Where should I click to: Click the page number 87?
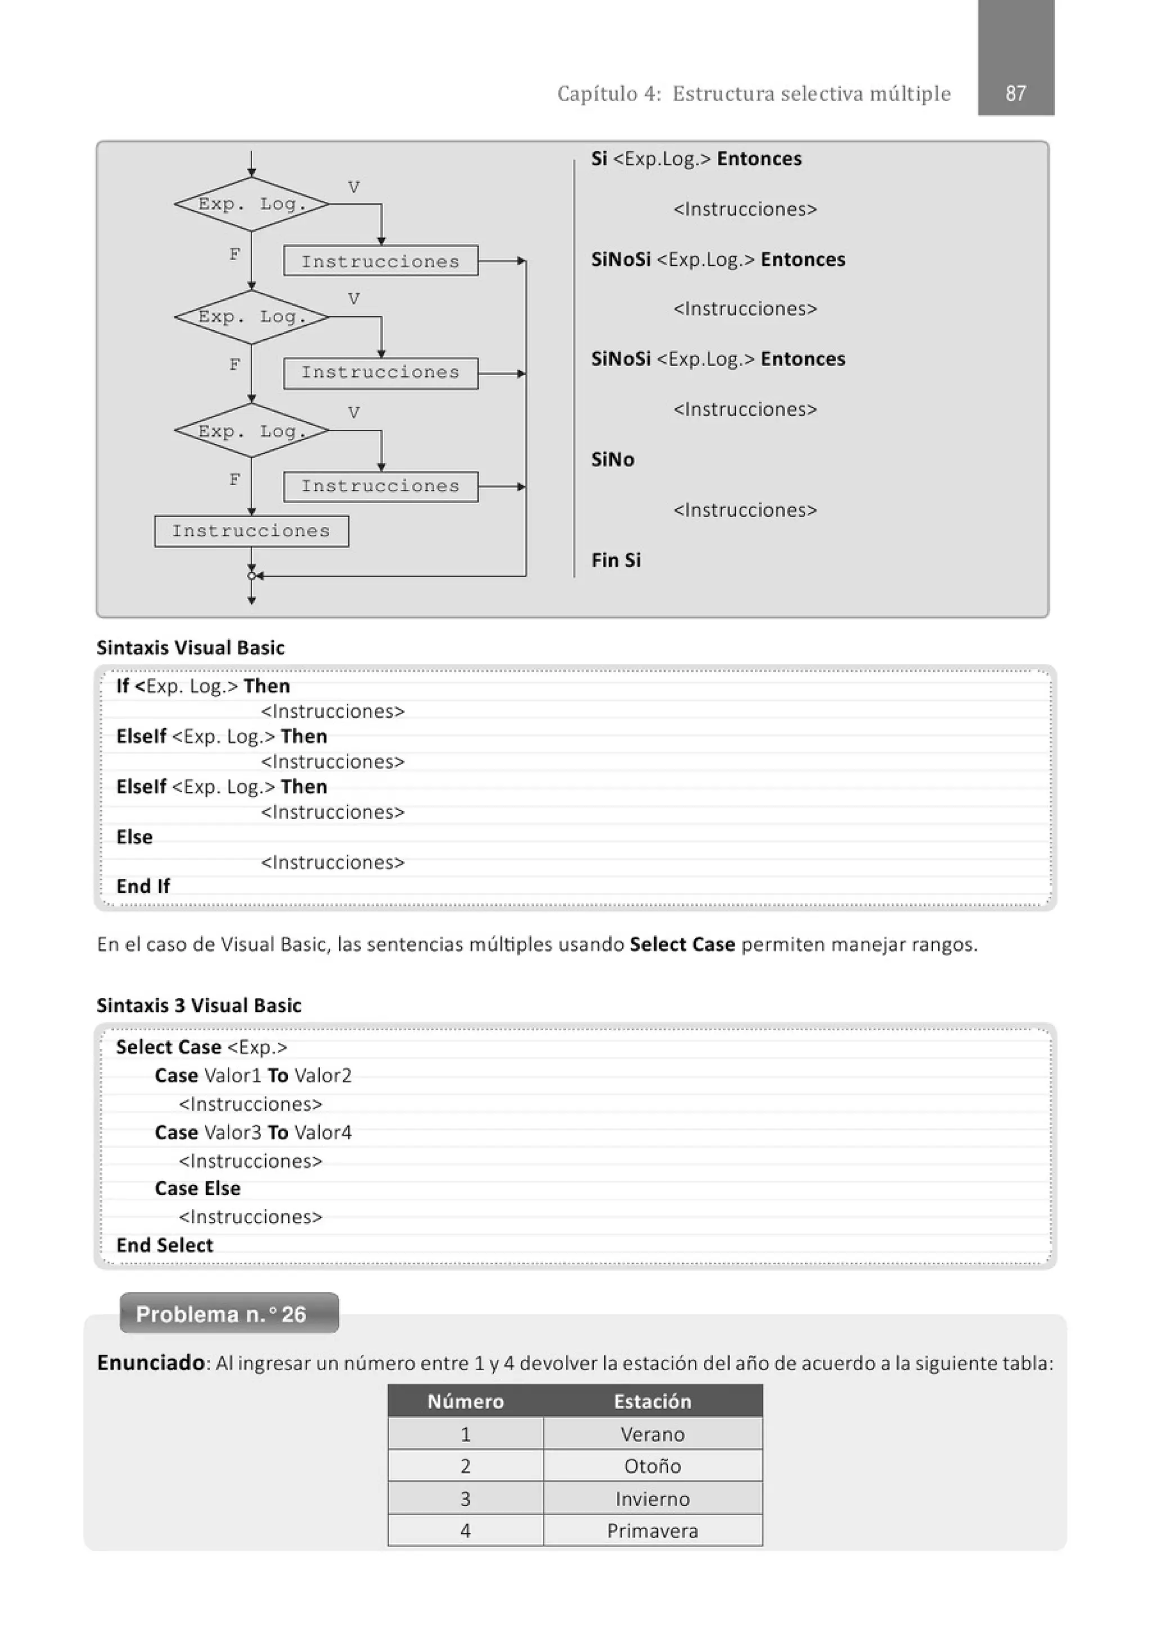click(1015, 93)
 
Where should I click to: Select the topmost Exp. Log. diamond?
click(251, 204)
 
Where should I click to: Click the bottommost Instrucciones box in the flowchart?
click(251, 531)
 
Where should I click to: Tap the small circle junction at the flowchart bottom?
click(251, 576)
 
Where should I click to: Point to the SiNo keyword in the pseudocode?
click(613, 459)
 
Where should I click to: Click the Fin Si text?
click(615, 560)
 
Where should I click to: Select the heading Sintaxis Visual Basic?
click(190, 647)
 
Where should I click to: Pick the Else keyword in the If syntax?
click(134, 837)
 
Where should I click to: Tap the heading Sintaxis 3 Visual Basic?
click(199, 1005)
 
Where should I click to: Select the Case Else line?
click(197, 1189)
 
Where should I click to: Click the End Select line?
click(164, 1245)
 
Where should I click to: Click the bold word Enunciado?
click(151, 1363)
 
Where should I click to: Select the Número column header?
click(465, 1402)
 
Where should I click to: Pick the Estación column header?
click(652, 1402)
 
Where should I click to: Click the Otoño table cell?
click(652, 1466)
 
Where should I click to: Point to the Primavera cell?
click(652, 1531)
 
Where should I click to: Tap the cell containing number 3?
click(465, 1498)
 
